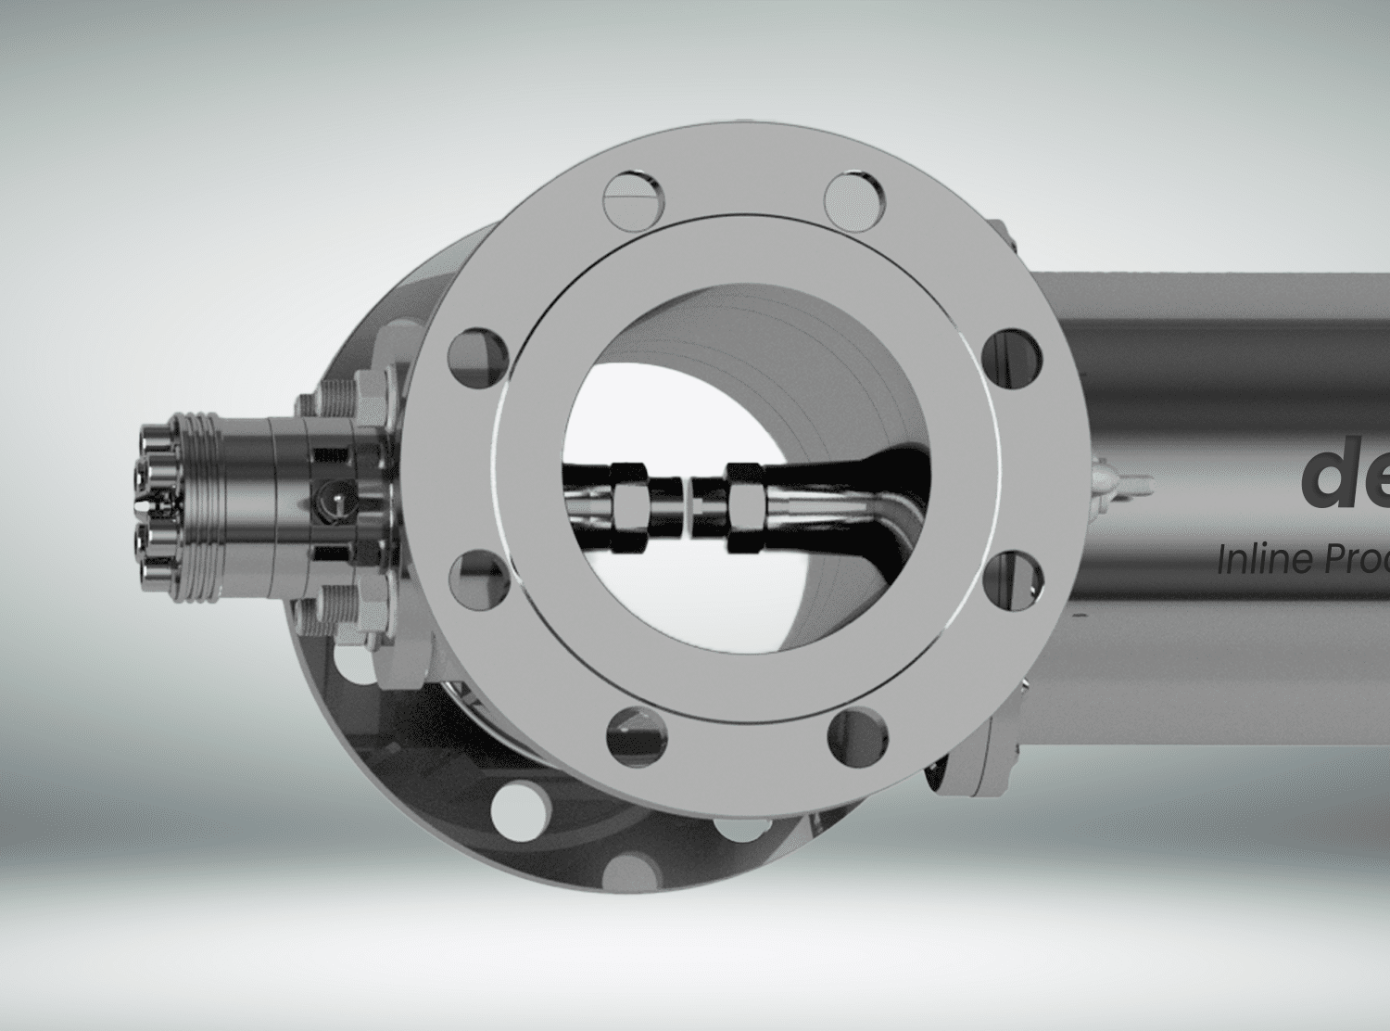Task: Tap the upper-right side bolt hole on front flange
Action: click(1012, 354)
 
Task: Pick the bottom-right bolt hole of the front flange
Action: click(858, 735)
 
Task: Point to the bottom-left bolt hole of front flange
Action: click(633, 735)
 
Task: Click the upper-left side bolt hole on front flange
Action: click(478, 354)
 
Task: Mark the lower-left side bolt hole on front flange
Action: click(479, 578)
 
